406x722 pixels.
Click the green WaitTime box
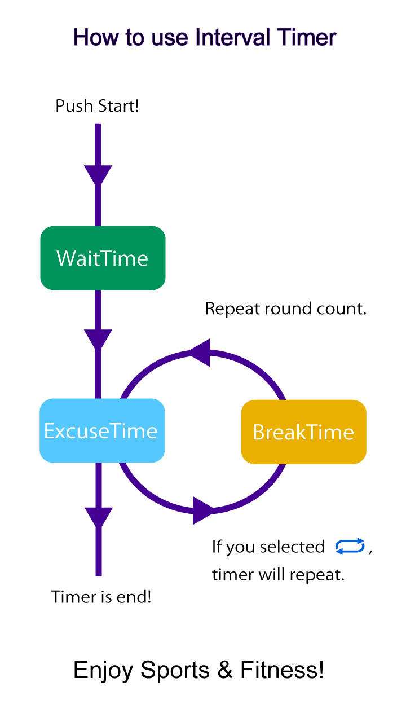[103, 258]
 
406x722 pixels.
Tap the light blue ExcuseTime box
[102, 430]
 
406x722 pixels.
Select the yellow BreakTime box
[303, 432]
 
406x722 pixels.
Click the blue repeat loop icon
[350, 546]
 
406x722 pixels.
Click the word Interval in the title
[232, 37]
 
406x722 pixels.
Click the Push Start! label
[97, 105]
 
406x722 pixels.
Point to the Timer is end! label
[101, 597]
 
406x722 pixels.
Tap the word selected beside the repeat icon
[292, 547]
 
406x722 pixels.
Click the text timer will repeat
[278, 575]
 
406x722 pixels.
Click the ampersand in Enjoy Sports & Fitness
[224, 670]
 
